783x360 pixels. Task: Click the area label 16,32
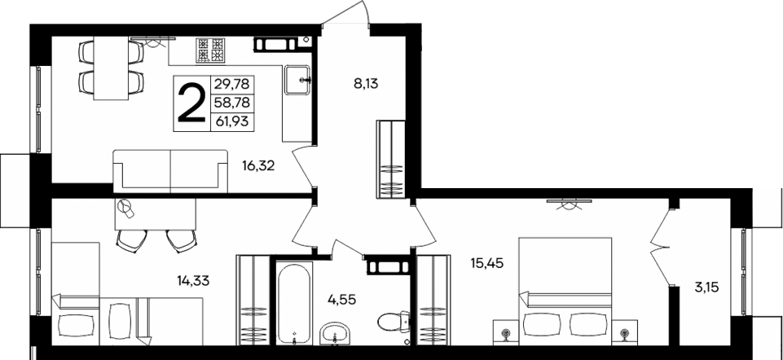(257, 166)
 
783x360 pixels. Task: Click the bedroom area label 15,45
(488, 263)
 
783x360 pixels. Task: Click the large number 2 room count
(191, 101)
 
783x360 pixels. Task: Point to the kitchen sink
(297, 79)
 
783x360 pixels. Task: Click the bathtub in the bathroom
(291, 302)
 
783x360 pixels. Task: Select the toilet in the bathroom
(394, 322)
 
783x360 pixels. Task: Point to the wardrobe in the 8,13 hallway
(390, 158)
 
